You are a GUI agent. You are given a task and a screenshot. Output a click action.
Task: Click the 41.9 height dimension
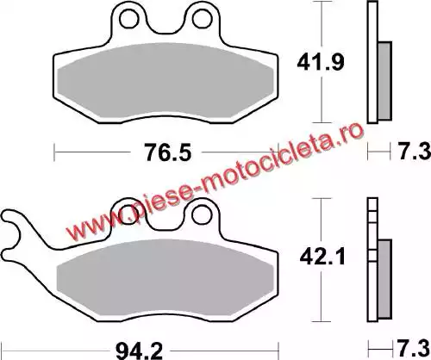[321, 63]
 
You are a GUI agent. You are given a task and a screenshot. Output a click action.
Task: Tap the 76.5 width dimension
[168, 152]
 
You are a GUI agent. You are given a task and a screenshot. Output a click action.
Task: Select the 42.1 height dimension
[322, 258]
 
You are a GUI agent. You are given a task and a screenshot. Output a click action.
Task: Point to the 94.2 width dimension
[139, 351]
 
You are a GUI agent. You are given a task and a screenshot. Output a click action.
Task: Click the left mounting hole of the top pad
[129, 19]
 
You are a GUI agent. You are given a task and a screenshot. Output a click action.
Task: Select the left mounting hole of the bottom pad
[128, 214]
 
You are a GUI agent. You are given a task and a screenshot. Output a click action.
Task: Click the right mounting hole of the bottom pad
[202, 214]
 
